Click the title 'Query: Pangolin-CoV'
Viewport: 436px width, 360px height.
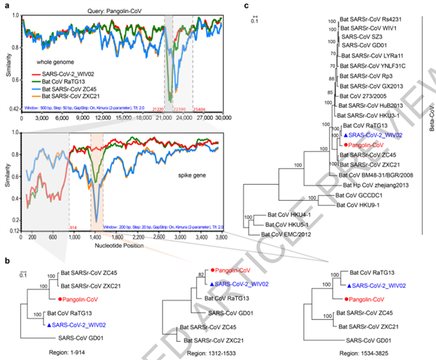click(123, 7)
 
